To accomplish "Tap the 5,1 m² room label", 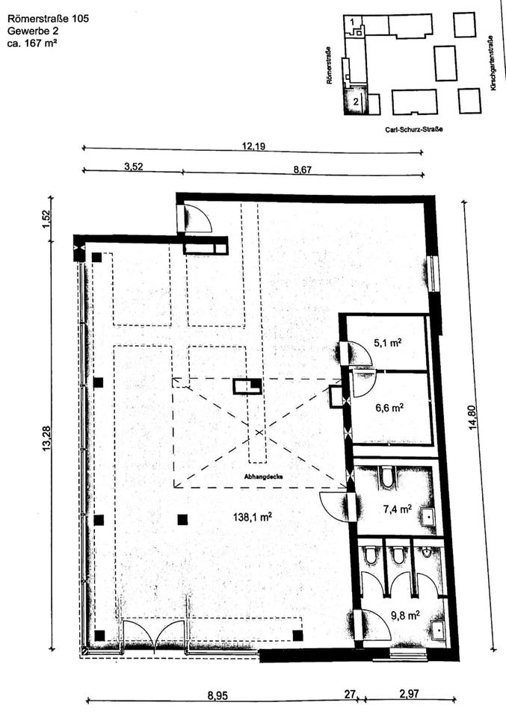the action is coord(388,344).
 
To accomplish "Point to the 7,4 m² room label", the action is coord(396,509).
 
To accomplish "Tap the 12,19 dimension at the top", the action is coord(253,146).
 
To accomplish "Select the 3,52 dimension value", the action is coord(133,167).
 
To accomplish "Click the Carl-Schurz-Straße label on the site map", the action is coord(408,129).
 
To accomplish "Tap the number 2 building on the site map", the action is coord(357,101).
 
